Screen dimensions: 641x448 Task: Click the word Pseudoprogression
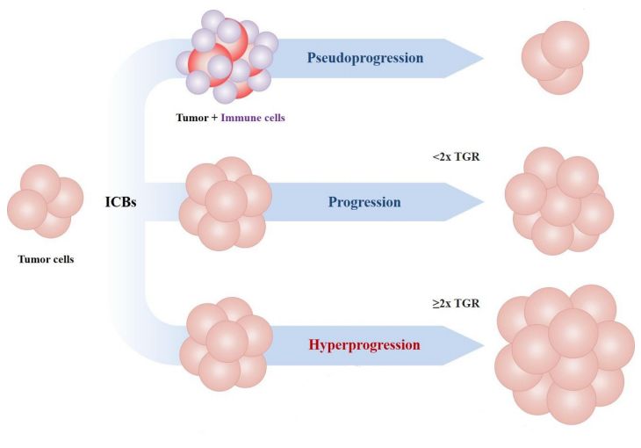point(365,59)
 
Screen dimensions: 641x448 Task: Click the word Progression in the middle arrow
point(364,202)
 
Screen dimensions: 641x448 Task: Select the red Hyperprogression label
point(364,343)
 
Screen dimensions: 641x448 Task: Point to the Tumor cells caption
point(44,258)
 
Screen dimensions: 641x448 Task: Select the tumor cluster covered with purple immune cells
point(227,57)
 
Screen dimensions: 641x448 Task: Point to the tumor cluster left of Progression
point(226,203)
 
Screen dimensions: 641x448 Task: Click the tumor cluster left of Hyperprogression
point(226,343)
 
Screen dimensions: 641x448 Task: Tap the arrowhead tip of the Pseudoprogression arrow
point(482,59)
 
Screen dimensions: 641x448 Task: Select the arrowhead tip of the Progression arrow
point(482,202)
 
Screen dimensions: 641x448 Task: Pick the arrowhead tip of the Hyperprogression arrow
point(482,343)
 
